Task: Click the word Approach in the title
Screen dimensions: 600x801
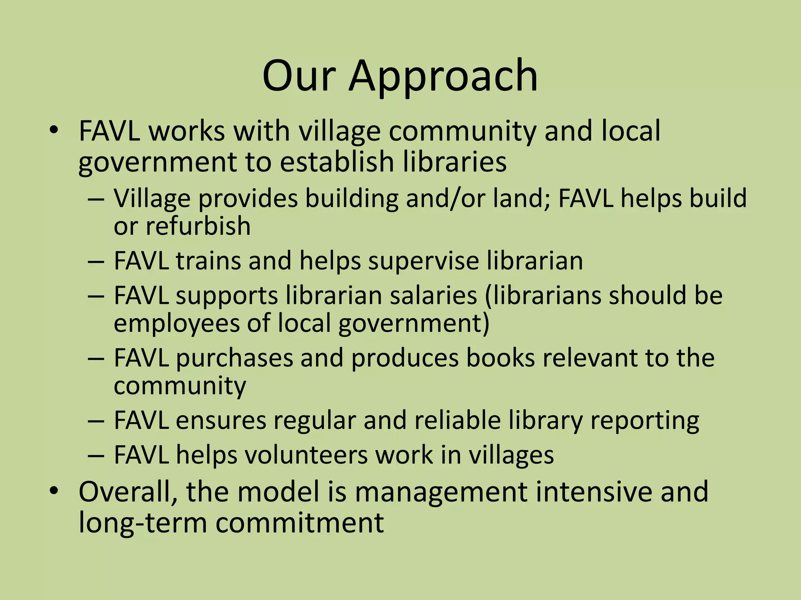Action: coord(443,77)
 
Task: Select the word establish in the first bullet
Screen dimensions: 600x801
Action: coord(336,162)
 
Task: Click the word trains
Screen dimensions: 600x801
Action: coord(208,261)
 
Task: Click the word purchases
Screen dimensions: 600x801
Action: coord(234,358)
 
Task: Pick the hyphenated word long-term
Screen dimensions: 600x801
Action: coord(143,522)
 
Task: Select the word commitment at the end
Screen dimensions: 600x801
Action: coord(300,522)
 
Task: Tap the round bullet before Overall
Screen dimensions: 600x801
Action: coord(54,491)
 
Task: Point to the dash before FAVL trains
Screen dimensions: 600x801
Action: coord(96,261)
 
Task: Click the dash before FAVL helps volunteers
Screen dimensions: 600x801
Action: coord(96,455)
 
